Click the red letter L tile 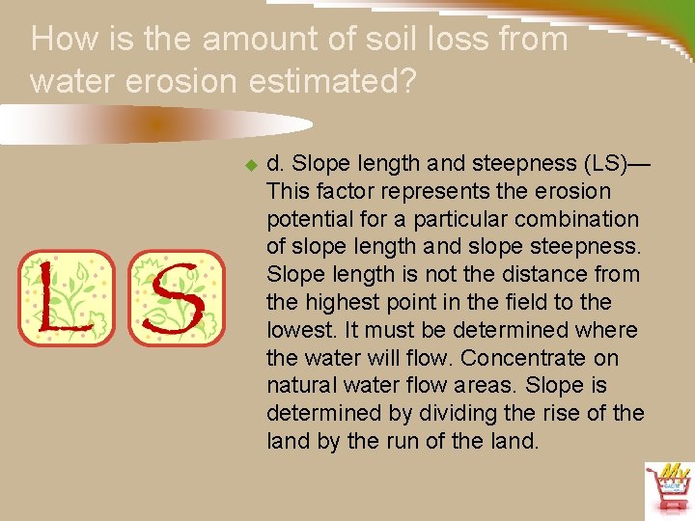click(66, 298)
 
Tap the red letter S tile click(176, 298)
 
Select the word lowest click(298, 330)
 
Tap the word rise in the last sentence click(570, 414)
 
